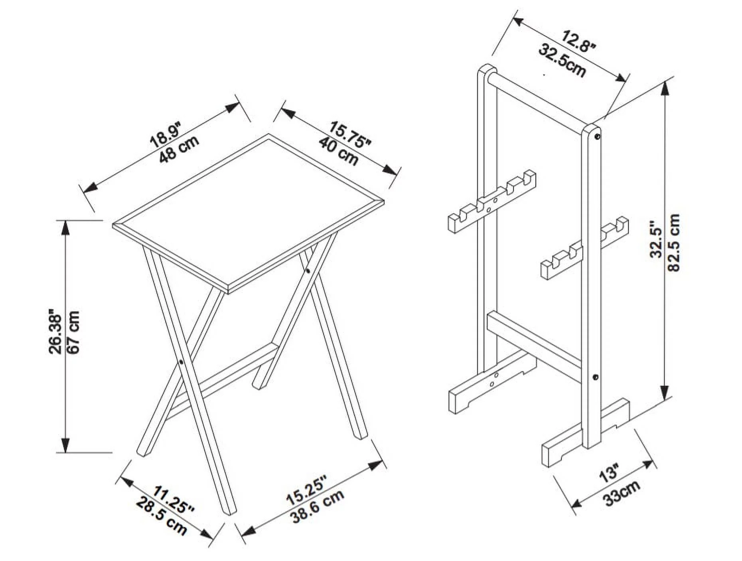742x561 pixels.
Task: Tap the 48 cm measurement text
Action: [179, 149]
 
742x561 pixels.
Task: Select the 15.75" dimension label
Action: [350, 134]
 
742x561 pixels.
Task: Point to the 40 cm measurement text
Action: [339, 152]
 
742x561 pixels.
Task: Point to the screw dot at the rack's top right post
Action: [598, 136]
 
